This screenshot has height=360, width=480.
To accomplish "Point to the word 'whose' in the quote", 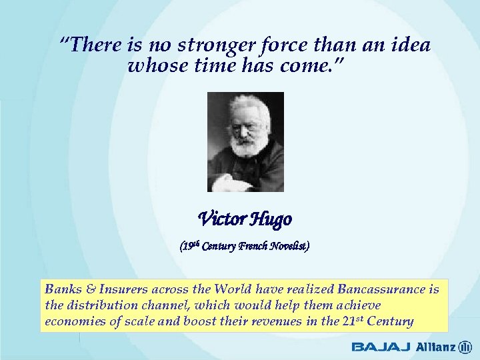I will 151,67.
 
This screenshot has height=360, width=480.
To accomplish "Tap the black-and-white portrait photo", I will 245,141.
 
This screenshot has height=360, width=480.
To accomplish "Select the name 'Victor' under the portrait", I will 221,218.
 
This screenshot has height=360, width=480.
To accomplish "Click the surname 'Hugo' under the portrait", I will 271,219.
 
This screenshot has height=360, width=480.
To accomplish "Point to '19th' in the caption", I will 191,245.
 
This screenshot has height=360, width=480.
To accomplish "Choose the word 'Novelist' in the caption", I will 289,246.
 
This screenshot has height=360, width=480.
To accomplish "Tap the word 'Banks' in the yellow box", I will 61,289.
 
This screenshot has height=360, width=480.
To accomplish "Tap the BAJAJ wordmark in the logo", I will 381,347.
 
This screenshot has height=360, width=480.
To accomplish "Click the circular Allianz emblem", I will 465,347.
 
